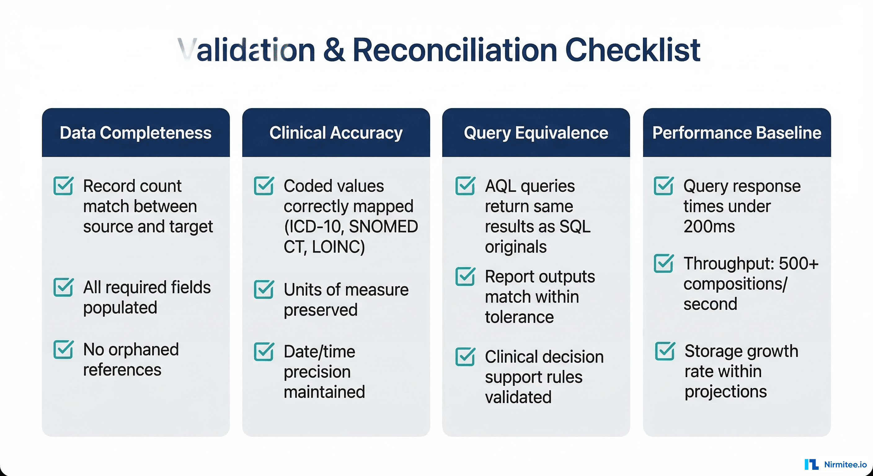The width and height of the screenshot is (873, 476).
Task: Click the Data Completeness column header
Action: [x=135, y=133]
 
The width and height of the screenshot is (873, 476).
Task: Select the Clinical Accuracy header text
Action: [x=336, y=133]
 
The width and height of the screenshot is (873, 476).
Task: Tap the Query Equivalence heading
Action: [x=536, y=133]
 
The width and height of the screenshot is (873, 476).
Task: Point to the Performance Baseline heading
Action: [x=737, y=133]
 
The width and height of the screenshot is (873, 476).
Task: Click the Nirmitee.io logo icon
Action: [x=811, y=465]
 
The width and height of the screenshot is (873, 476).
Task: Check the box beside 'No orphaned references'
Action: [x=63, y=350]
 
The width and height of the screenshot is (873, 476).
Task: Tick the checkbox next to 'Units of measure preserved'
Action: [x=264, y=290]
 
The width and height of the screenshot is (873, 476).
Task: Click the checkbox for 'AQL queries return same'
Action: [x=465, y=186]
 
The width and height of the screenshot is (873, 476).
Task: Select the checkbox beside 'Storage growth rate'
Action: [x=665, y=351]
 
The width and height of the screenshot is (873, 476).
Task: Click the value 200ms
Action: [x=709, y=226]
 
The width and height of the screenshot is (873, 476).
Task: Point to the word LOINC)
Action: [x=338, y=247]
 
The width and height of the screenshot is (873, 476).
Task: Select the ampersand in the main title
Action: [x=334, y=50]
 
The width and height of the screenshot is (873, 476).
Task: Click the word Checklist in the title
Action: [x=632, y=50]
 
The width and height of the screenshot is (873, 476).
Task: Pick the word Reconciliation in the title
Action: [x=455, y=50]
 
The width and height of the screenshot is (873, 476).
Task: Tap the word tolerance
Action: [x=519, y=317]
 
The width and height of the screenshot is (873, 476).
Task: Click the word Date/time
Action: [x=319, y=351]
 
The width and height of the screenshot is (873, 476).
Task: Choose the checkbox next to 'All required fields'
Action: [x=63, y=287]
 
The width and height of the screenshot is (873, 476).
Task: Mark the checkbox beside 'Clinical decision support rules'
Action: [x=465, y=357]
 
